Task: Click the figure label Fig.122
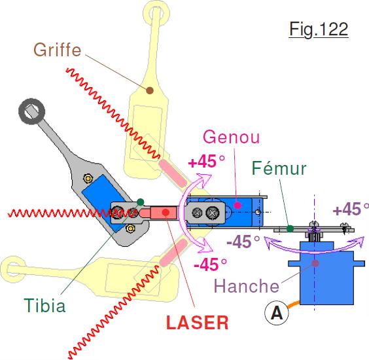319,29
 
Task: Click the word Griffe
58,50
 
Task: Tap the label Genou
232,137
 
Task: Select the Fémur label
279,168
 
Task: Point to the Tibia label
44,306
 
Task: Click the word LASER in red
197,323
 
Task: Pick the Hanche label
247,286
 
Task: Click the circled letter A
277,313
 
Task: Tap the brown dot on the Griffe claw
150,90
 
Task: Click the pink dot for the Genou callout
237,205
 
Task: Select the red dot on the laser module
166,212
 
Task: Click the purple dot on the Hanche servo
315,263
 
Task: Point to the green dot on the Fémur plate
290,228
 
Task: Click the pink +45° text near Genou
207,162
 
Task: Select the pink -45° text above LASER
210,264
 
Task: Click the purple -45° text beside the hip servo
243,242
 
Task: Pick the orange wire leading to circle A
293,304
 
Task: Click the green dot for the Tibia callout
141,202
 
